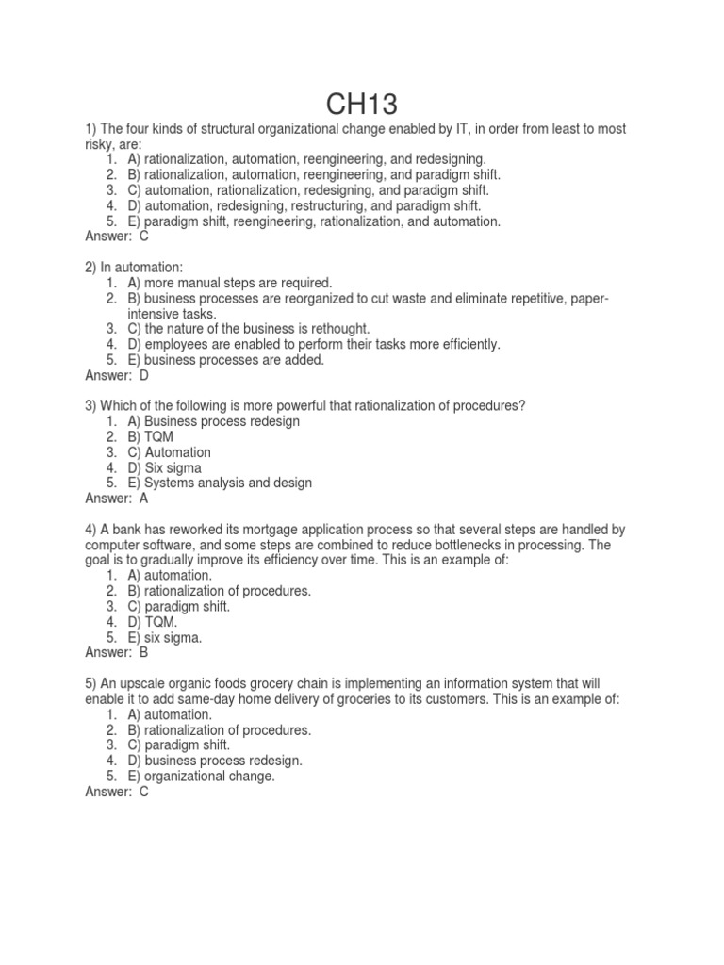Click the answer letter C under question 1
(144, 237)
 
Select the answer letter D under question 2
(144, 375)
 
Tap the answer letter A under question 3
(144, 498)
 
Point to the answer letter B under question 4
(144, 651)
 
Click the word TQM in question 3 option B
(159, 437)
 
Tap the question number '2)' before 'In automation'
(91, 268)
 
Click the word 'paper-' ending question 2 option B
(588, 299)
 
